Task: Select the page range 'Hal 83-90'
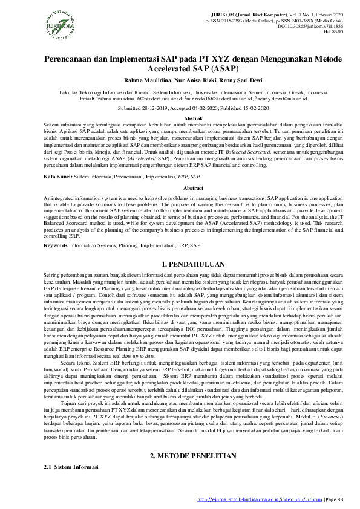pyautogui.click(x=332, y=32)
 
